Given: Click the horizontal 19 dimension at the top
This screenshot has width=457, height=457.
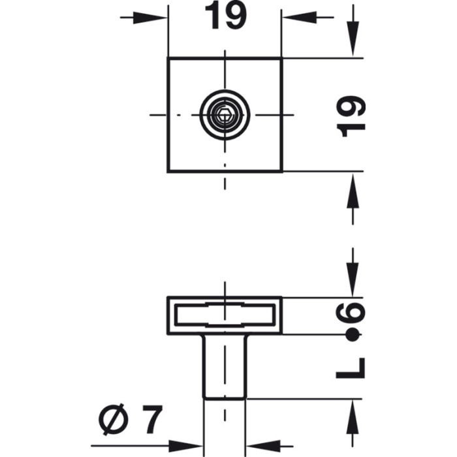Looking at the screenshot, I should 225,16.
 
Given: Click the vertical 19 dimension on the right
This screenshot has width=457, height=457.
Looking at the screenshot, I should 353,116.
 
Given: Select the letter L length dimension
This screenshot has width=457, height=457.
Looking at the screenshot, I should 351,370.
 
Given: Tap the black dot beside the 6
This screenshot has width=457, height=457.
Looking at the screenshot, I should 353,336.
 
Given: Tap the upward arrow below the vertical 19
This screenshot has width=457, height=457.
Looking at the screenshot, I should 353,198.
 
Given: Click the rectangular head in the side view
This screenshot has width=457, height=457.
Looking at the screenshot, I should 225,315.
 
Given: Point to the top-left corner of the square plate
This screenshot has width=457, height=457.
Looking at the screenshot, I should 168,59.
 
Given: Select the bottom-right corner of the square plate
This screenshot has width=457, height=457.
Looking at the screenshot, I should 281,171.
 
